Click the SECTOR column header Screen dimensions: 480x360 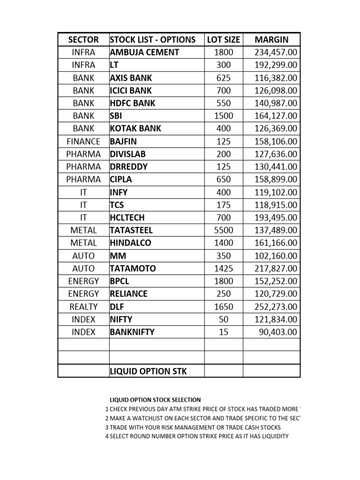[x=83, y=40]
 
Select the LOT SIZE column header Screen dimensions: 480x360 [x=224, y=40]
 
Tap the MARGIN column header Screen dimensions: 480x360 [x=271, y=40]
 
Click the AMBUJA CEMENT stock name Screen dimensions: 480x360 [x=144, y=52]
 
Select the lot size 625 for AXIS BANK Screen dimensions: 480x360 [x=224, y=78]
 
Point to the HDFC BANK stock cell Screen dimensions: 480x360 [x=133, y=103]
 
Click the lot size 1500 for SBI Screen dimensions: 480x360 [x=224, y=116]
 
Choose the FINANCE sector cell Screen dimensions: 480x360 [x=83, y=141]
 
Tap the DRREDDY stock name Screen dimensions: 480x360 [x=128, y=167]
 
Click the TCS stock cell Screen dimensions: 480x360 [x=117, y=205]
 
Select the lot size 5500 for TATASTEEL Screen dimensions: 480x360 [x=224, y=230]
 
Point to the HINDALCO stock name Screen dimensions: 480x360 [x=130, y=243]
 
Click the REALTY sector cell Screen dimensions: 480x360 [x=83, y=307]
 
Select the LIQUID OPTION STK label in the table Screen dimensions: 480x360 [x=148, y=371]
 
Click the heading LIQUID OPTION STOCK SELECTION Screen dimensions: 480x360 [x=155, y=400]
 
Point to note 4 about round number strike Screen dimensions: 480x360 [x=197, y=436]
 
